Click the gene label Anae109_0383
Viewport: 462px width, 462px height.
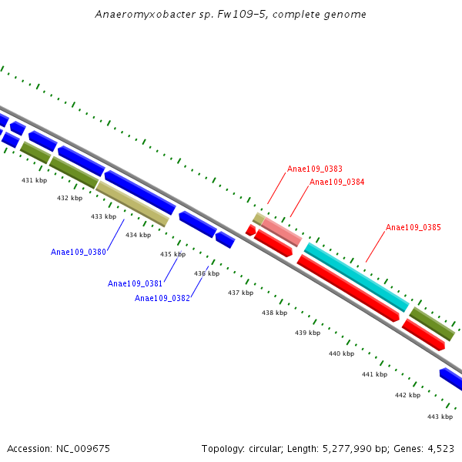pyautogui.click(x=315, y=169)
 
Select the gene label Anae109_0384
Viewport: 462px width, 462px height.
pyautogui.click(x=336, y=182)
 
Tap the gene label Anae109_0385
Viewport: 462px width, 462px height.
pyautogui.click(x=413, y=228)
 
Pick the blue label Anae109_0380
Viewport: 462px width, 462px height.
pyautogui.click(x=79, y=252)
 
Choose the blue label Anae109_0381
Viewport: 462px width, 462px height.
pyautogui.click(x=135, y=283)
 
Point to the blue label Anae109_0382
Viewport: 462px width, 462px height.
pyautogui.click(x=162, y=298)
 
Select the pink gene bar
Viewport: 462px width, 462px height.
pyautogui.click(x=281, y=232)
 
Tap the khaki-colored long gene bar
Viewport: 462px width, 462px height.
pyautogui.click(x=132, y=203)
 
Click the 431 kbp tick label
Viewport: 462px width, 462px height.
pyautogui.click(x=34, y=180)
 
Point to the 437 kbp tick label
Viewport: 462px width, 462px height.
pyautogui.click(x=240, y=293)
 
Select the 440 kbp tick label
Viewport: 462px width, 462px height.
pyautogui.click(x=341, y=353)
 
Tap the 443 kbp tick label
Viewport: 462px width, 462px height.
pyautogui.click(x=440, y=417)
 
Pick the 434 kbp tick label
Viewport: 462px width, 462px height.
pyautogui.click(x=138, y=235)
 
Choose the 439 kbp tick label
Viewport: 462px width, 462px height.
pyautogui.click(x=307, y=333)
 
